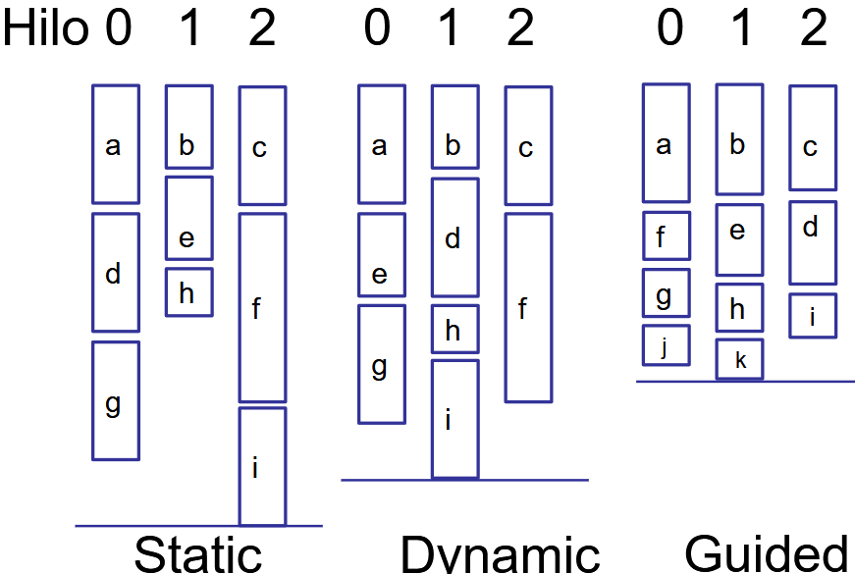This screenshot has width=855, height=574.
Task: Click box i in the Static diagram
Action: [x=262, y=467]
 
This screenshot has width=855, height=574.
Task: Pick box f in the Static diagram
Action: [x=262, y=307]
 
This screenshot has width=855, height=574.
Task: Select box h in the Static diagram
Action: [x=188, y=291]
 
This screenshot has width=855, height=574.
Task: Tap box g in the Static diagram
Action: [x=116, y=400]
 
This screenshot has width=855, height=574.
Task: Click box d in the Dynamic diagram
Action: [x=454, y=237]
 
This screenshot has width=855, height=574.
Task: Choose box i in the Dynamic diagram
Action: [x=454, y=419]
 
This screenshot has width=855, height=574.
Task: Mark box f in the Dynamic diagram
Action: [x=528, y=307]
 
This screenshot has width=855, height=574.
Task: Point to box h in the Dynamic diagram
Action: [x=454, y=329]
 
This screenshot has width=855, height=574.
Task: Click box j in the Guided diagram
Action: [x=667, y=344]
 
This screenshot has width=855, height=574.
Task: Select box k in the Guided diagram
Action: [x=739, y=359]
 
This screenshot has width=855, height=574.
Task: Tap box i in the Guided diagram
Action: [x=813, y=315]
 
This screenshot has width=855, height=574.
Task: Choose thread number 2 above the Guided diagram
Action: [x=813, y=29]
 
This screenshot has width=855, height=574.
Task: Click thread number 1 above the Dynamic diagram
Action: [x=450, y=29]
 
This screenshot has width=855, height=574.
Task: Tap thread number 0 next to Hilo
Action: [x=117, y=29]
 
